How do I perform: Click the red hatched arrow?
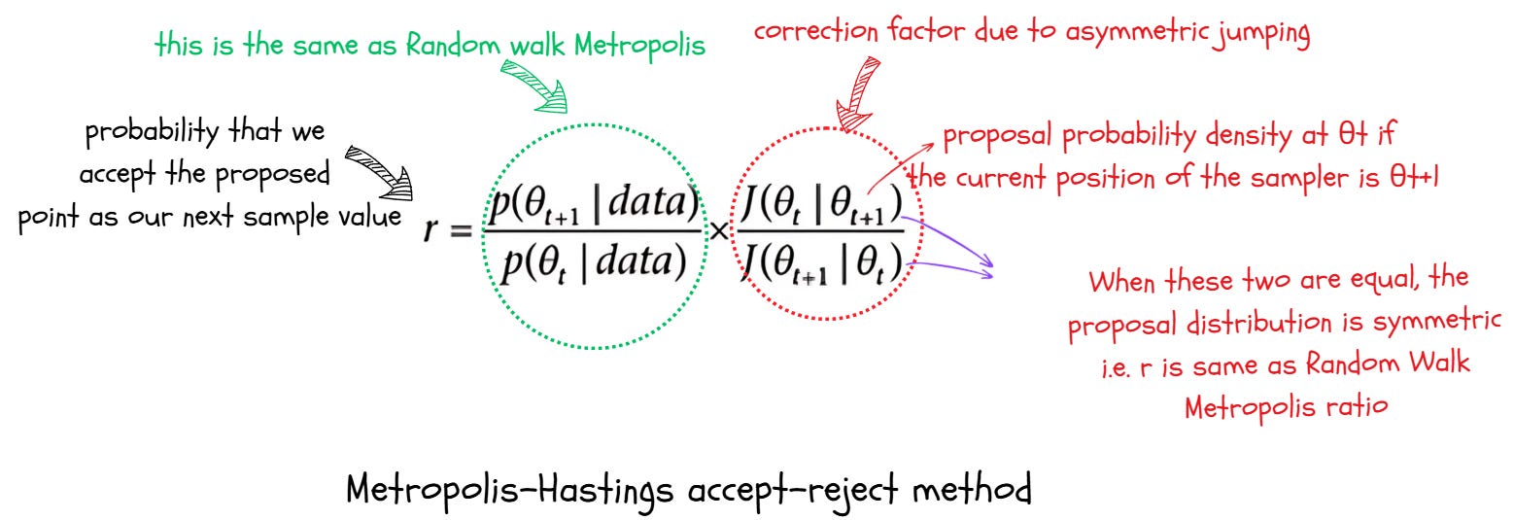(855, 92)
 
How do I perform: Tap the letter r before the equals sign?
(433, 233)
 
